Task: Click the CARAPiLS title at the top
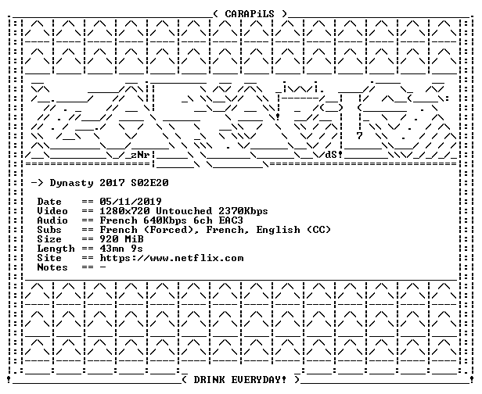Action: pos(250,14)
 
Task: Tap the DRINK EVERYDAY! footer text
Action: pos(239,380)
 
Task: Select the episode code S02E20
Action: pos(149,183)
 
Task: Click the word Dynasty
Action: pos(72,184)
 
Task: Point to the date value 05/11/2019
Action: pos(131,202)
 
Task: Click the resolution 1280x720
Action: pos(125,211)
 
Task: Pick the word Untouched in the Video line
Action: pos(184,211)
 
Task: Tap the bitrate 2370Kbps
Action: pos(243,211)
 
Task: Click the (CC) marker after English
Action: pos(318,230)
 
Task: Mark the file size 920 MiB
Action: pos(122,239)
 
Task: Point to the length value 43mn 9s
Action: pos(121,249)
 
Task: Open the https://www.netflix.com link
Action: pos(171,258)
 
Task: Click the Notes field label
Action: pos(52,267)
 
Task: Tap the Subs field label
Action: pos(49,230)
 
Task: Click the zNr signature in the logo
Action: pos(141,155)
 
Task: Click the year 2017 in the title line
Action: pos(112,183)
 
